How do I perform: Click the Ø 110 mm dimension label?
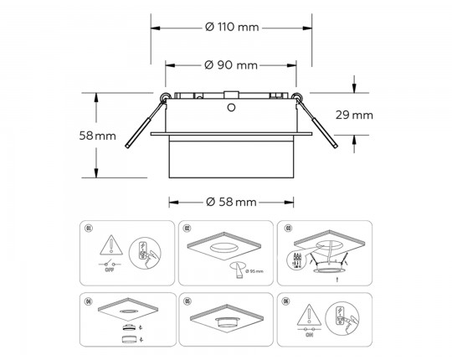pos(232,27)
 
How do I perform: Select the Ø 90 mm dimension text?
pos(231,65)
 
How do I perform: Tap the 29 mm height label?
pos(353,115)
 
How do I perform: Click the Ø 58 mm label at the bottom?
pos(231,202)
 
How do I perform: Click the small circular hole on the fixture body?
pos(231,107)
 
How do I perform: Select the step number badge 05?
pos(187,300)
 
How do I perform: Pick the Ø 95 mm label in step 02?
pos(253,271)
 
